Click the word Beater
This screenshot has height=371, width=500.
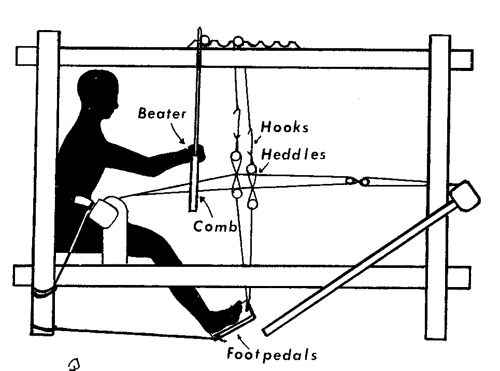click(x=161, y=114)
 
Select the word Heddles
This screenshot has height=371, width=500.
click(x=293, y=154)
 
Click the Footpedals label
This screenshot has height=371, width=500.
click(x=271, y=355)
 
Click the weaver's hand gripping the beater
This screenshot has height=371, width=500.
click(x=196, y=151)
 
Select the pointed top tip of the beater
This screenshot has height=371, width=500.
click(x=198, y=30)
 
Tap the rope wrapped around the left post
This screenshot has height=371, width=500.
click(x=42, y=293)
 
